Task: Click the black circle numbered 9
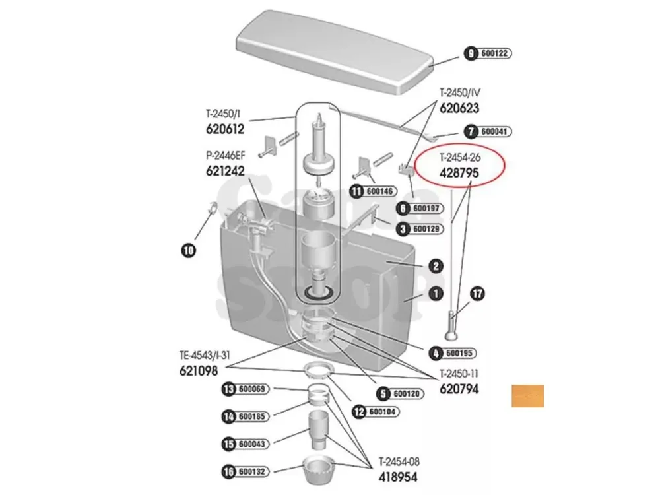coord(471,53)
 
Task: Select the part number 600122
coord(494,53)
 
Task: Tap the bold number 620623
coord(459,108)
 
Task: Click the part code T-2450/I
coord(223,114)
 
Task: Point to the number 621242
coord(225,171)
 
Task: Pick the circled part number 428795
coord(459,173)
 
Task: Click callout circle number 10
coord(189,250)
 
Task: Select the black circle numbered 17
coord(477,294)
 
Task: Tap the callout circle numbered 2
coord(436,266)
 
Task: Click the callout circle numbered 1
coord(436,294)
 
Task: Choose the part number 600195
coord(459,353)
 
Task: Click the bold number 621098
coord(199,371)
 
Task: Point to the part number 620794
coord(459,389)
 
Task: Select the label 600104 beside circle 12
coord(381,411)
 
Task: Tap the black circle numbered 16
coord(228,471)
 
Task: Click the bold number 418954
coord(398,477)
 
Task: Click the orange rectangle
coord(528,396)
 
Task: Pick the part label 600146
coord(379,191)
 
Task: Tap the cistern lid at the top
coord(335,52)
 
